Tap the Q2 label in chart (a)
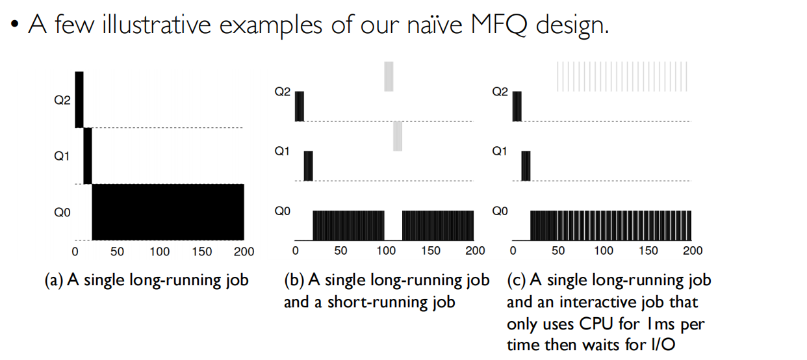pos(62,101)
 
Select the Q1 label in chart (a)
pos(62,156)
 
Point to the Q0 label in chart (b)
pos(283,211)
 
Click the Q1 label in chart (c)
pos(500,151)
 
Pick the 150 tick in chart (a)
pos(202,251)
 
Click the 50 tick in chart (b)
pos(340,251)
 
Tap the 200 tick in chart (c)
pos(693,251)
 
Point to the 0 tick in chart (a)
pos(75,251)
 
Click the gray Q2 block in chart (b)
pos(389,76)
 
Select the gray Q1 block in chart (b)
pos(398,136)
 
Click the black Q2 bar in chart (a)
pos(79,99)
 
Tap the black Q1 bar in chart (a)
pos(88,156)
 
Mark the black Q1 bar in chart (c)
pos(526,166)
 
